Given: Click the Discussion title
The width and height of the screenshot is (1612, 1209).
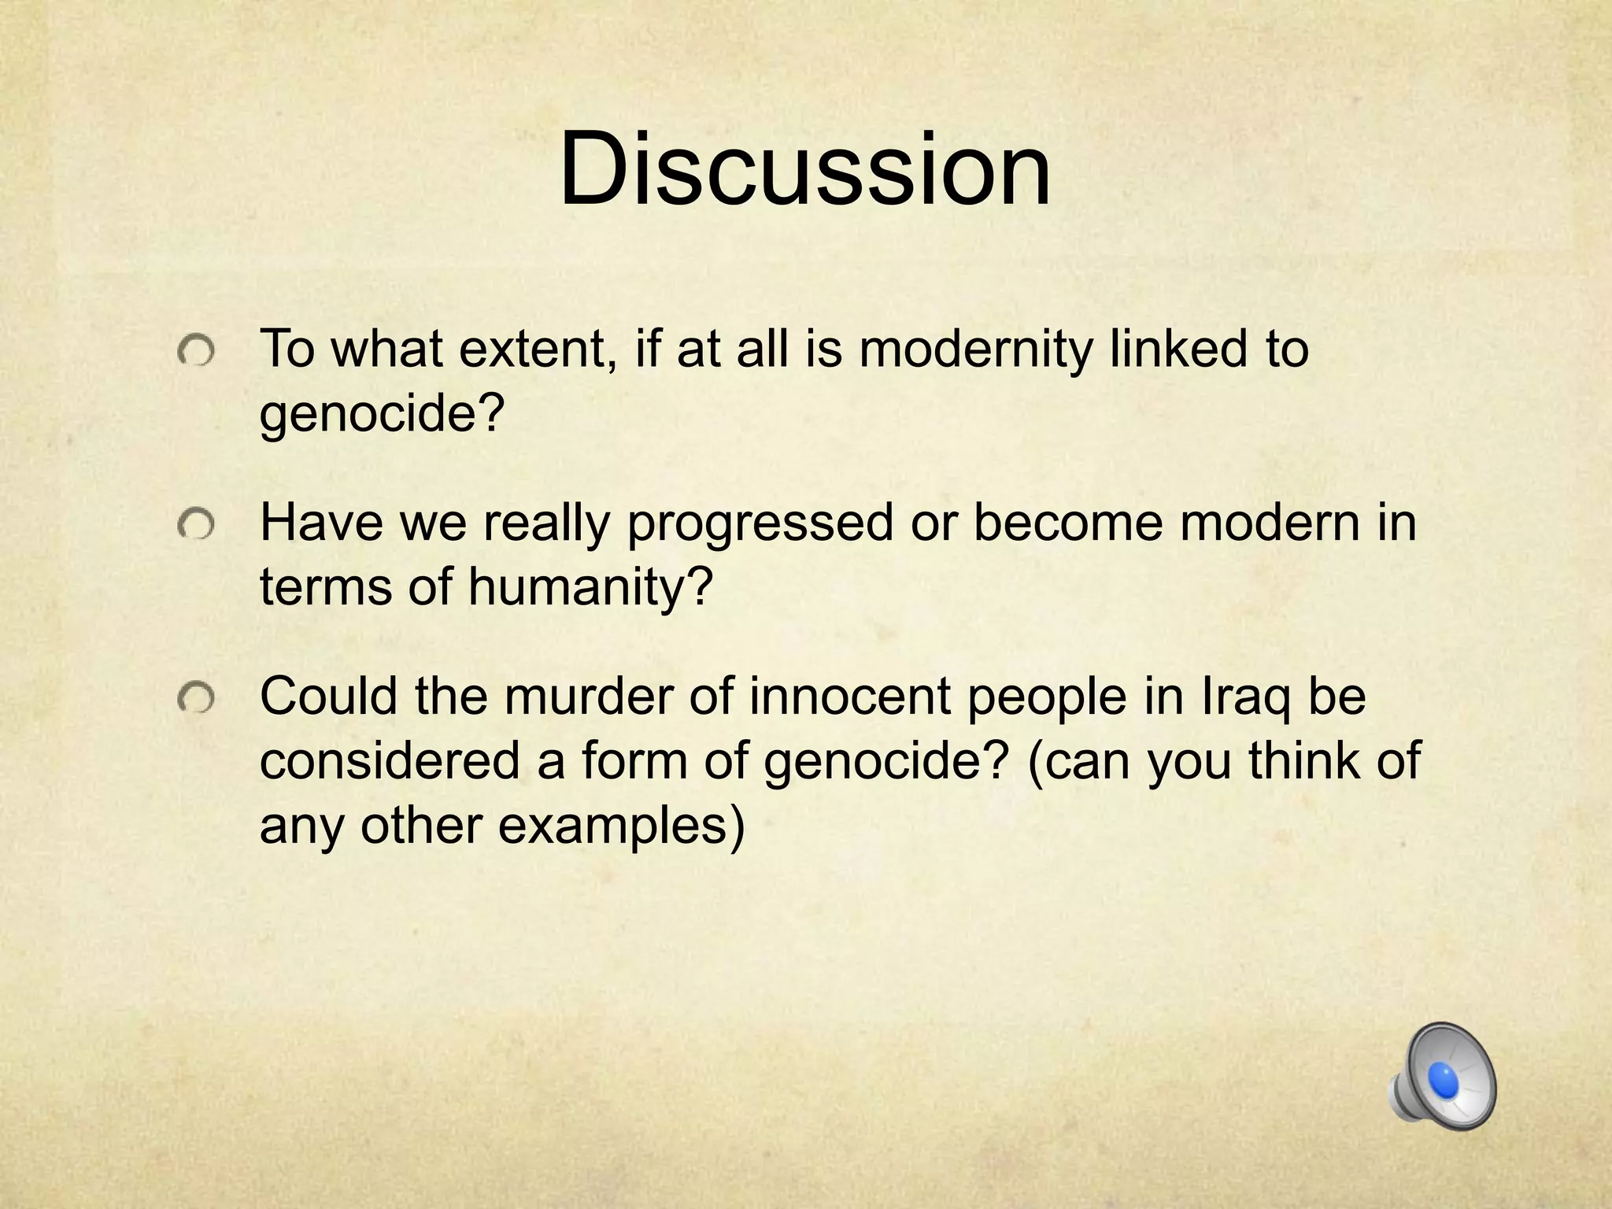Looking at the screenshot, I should (804, 170).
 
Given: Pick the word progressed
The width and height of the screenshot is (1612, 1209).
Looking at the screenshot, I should (760, 523).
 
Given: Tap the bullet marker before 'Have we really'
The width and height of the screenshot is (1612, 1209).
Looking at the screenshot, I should (194, 525).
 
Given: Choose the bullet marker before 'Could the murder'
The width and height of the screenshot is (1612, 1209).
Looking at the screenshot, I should (194, 699).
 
